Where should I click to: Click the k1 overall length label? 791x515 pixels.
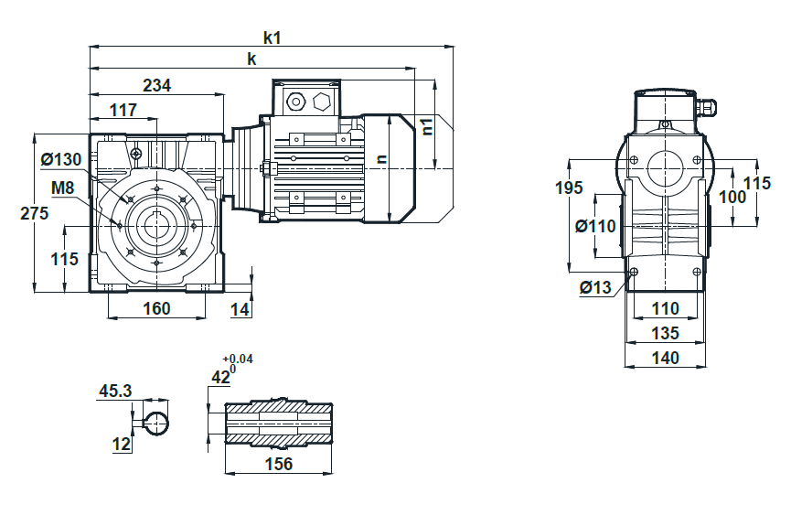click(x=272, y=38)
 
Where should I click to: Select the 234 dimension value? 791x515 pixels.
click(x=157, y=86)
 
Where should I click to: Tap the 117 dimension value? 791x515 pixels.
click(x=123, y=110)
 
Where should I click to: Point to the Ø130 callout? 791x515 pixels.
click(x=61, y=159)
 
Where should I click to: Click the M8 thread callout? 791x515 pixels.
click(x=62, y=188)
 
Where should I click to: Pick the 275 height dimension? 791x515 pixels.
click(x=35, y=213)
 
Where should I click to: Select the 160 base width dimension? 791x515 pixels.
click(x=157, y=308)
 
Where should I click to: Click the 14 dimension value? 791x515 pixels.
click(x=241, y=309)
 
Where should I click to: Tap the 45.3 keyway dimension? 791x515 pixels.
click(x=115, y=391)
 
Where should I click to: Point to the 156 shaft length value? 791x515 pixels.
click(x=279, y=464)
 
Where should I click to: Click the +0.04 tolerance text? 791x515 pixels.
click(x=238, y=359)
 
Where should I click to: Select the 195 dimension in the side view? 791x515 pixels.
click(x=569, y=188)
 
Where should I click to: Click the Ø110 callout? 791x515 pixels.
click(x=596, y=226)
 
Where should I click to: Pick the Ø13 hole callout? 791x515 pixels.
click(x=596, y=287)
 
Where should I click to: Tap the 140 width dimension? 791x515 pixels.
click(x=666, y=358)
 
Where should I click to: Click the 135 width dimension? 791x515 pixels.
click(x=666, y=333)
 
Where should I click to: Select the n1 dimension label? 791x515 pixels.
click(x=427, y=126)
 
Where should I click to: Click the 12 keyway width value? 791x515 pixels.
click(x=122, y=445)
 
